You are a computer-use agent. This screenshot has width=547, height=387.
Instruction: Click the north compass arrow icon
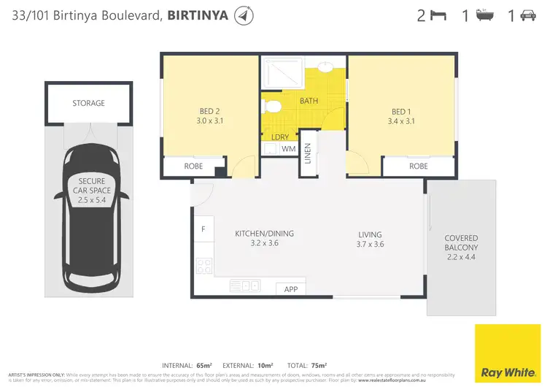[x=244, y=15]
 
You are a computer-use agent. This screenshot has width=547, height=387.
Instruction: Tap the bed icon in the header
[x=438, y=15]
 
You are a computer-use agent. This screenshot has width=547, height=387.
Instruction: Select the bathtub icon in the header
[x=483, y=15]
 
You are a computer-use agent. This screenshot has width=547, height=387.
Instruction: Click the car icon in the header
[x=527, y=15]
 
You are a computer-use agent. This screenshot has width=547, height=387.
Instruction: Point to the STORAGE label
[x=88, y=104]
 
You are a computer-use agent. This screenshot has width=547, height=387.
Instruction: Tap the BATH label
[x=309, y=100]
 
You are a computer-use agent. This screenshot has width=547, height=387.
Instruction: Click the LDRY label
[x=279, y=137]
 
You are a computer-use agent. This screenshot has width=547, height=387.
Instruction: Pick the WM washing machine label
[x=288, y=149]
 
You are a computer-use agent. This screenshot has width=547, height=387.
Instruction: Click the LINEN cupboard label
[x=308, y=154]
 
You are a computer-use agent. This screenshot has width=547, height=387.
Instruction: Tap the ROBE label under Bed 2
[x=193, y=166]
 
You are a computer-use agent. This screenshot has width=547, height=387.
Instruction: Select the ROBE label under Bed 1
[x=418, y=166]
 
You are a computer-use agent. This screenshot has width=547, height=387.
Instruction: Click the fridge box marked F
[x=203, y=229]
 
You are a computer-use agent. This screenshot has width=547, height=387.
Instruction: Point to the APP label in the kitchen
[x=291, y=289]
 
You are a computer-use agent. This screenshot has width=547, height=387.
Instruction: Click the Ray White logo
[x=508, y=350]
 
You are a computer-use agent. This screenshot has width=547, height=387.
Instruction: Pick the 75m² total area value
[x=319, y=364]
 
